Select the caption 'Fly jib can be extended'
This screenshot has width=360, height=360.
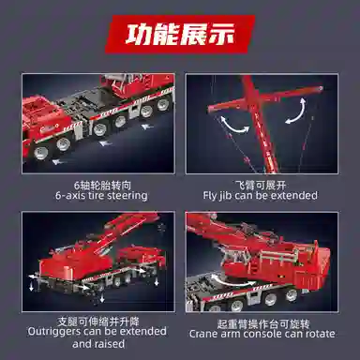[x=259, y=195]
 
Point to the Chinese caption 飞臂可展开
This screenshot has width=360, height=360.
[x=259, y=184]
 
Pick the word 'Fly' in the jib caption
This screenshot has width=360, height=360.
[x=212, y=195]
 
